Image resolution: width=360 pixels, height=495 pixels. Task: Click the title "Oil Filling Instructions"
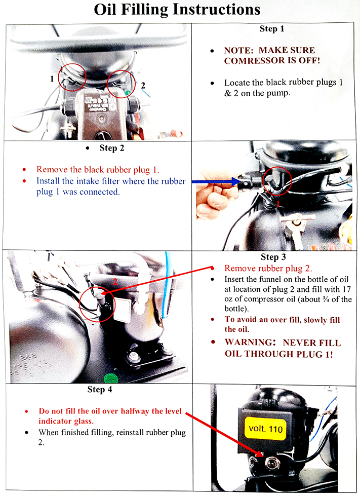(180, 10)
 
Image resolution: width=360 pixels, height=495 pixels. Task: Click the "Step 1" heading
(272, 29)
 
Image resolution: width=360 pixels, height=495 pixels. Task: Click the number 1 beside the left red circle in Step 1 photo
(52, 79)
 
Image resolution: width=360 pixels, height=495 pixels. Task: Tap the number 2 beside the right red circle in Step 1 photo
(143, 86)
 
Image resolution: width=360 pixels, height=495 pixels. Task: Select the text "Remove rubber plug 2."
(268, 269)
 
